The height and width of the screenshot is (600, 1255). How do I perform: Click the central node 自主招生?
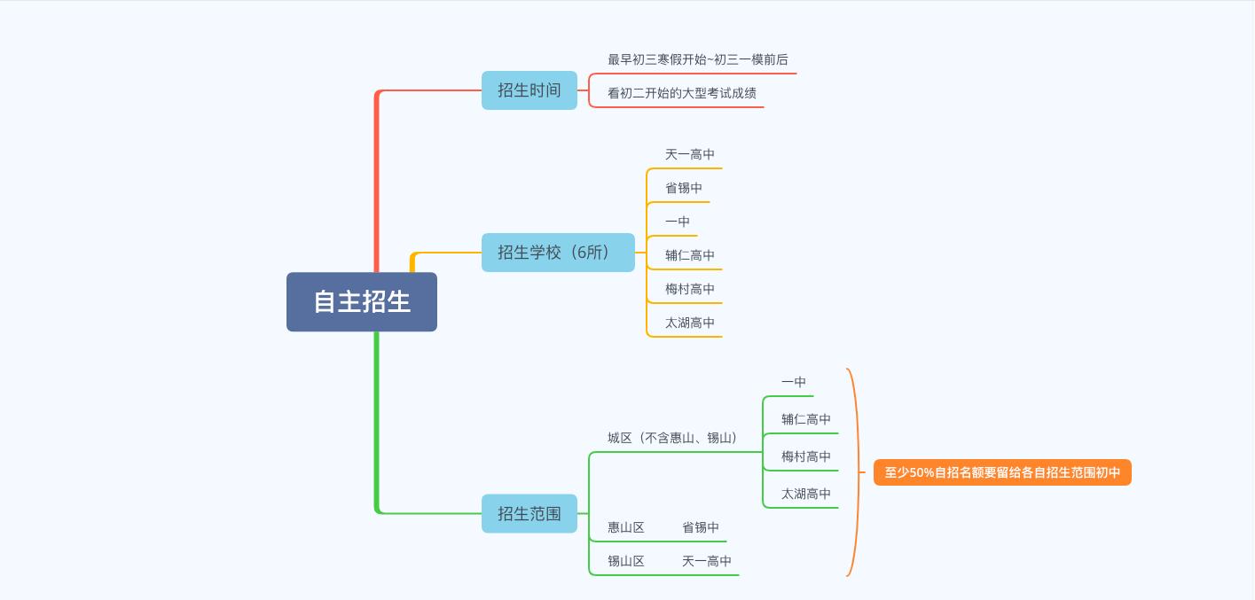tap(362, 301)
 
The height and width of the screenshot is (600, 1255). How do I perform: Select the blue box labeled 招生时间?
tap(529, 90)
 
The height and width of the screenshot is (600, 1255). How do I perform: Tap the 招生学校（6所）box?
tap(558, 253)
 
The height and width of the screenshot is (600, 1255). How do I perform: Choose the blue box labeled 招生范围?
tap(529, 513)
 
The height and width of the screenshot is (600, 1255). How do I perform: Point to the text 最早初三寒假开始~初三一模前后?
tap(698, 59)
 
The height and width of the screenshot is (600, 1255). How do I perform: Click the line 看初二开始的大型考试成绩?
tap(682, 93)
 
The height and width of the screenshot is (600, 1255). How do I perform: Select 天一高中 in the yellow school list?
tap(690, 154)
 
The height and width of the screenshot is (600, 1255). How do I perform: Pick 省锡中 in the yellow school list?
tap(684, 188)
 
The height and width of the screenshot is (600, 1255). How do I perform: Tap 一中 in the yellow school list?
tap(678, 222)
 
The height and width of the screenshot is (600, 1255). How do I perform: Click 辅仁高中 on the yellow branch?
tap(690, 255)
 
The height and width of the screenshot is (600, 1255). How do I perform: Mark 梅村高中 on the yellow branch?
tap(690, 289)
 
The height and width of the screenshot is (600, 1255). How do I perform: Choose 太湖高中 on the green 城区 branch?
tap(806, 494)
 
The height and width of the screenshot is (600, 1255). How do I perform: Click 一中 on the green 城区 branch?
tap(794, 382)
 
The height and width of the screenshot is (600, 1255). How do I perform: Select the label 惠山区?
tap(626, 527)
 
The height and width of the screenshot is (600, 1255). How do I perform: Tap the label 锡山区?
tap(626, 561)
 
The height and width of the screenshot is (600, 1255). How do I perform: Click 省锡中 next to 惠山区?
tap(701, 527)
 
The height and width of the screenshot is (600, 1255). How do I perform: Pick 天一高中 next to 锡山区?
tap(707, 561)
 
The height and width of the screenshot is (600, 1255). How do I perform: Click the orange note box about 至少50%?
tap(1002, 472)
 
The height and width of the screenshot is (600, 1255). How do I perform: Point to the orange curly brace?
tap(853, 472)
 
